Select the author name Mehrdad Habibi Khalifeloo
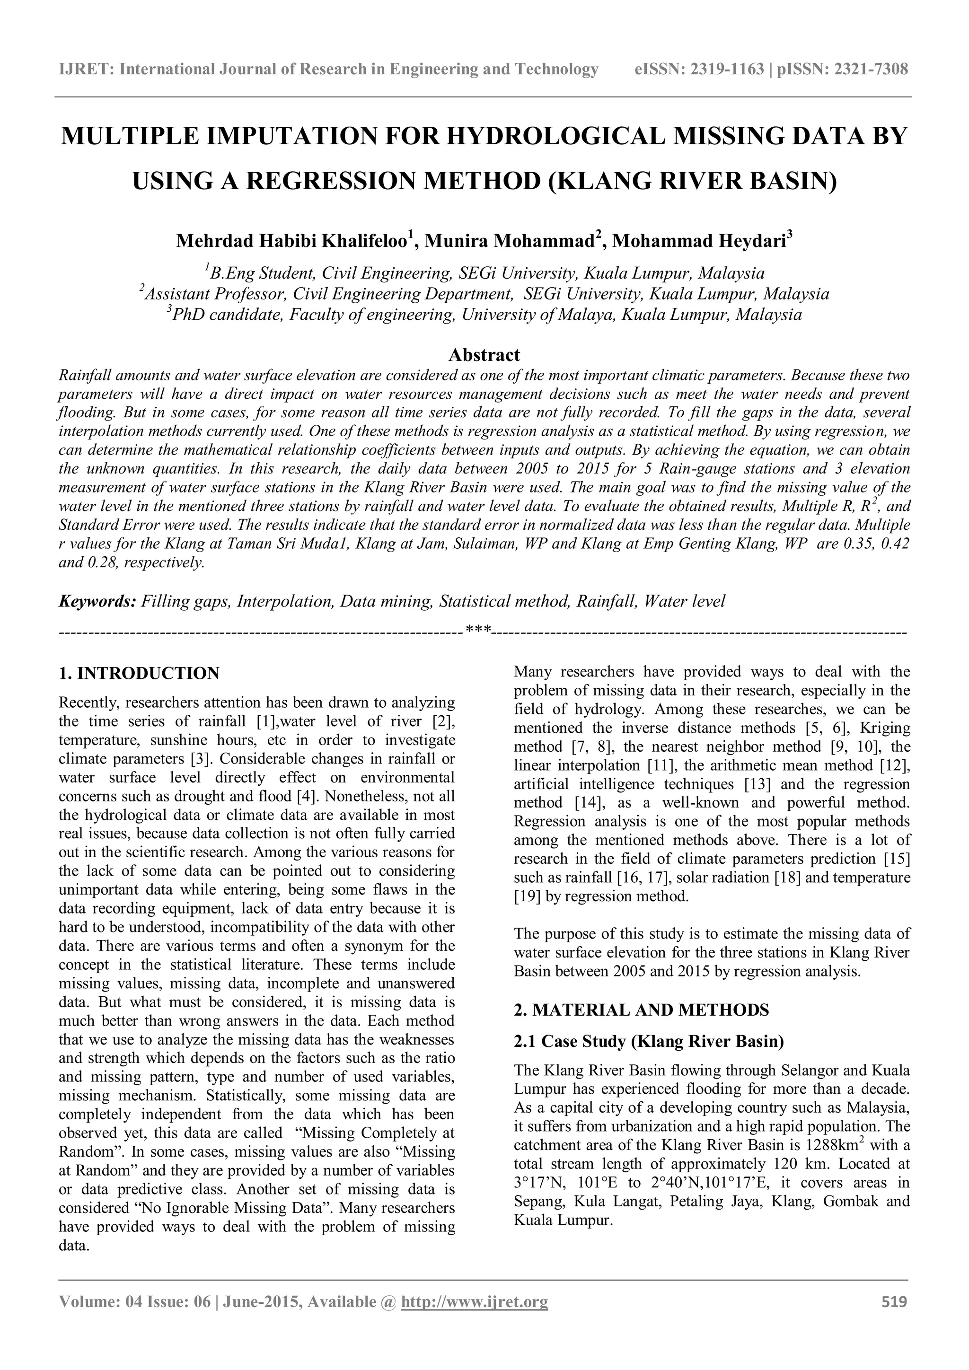291,241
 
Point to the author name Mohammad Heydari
699,241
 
